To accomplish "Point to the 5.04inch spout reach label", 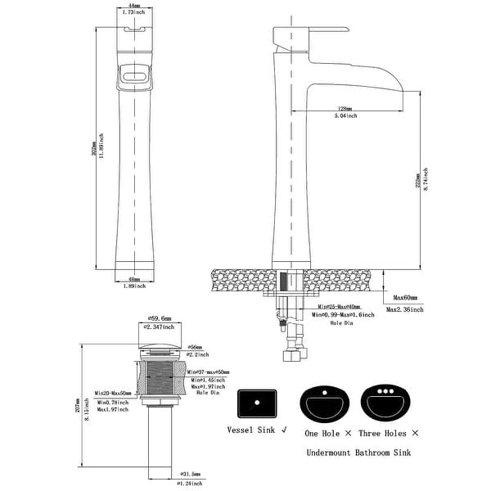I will pyautogui.click(x=345, y=116).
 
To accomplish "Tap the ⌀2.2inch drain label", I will pyautogui.click(x=196, y=354).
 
